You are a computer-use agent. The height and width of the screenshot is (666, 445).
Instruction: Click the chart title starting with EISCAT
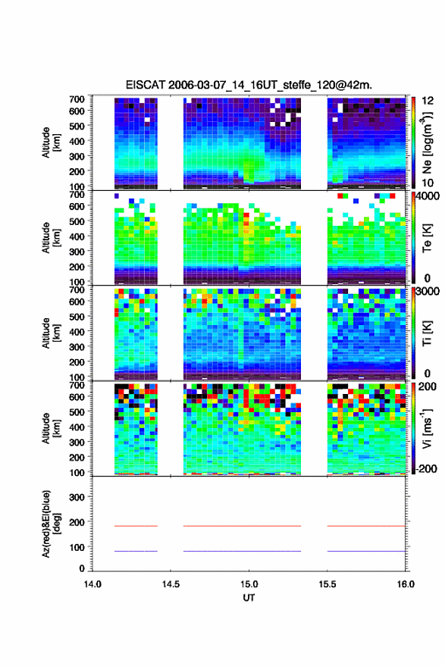(x=249, y=85)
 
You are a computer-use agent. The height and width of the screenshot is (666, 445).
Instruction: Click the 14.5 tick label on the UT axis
(x=171, y=584)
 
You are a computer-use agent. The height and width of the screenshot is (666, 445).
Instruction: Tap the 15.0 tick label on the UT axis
(x=249, y=584)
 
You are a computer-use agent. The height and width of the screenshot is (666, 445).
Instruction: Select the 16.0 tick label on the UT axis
(x=406, y=584)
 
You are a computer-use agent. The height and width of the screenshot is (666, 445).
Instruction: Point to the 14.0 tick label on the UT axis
(x=92, y=584)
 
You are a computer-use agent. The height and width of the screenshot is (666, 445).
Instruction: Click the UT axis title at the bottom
(x=249, y=598)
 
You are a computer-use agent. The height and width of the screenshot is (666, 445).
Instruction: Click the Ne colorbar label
(x=427, y=143)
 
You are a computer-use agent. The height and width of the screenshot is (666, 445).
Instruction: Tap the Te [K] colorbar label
(x=427, y=239)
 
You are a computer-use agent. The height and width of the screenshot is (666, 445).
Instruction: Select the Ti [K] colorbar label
(x=427, y=334)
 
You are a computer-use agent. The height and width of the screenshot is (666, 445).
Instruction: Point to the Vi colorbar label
(x=427, y=429)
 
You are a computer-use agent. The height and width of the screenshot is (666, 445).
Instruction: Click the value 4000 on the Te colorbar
(x=428, y=196)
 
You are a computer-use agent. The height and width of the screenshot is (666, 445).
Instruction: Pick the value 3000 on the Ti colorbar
(x=428, y=292)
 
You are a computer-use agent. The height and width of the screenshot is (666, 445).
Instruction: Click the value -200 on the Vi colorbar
(x=426, y=469)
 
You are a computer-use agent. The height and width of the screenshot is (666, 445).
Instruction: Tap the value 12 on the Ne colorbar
(x=428, y=101)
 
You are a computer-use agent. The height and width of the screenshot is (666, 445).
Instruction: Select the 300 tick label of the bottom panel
(x=77, y=497)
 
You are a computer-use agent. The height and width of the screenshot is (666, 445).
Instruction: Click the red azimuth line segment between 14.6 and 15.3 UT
(x=242, y=526)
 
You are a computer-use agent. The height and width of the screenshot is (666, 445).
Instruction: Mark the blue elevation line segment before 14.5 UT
(x=136, y=552)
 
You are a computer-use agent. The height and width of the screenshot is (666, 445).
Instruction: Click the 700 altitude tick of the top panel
(x=77, y=99)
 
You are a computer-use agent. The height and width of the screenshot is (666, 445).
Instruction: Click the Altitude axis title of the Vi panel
(x=51, y=429)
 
